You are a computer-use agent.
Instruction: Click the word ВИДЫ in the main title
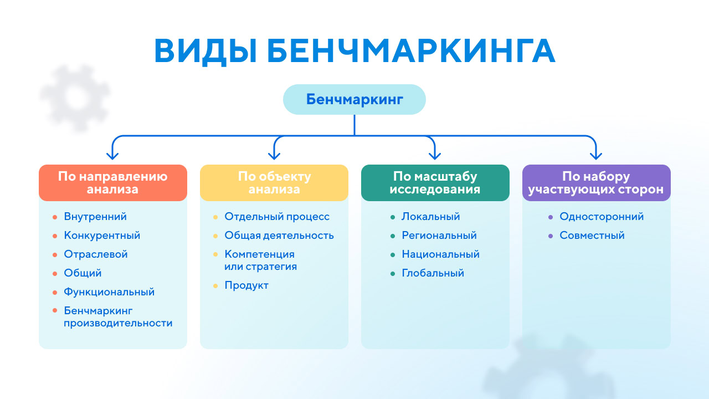[205, 52]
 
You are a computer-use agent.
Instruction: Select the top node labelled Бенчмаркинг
[354, 99]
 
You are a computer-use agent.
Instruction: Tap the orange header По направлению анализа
[112, 183]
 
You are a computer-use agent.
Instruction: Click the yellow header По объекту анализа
[274, 183]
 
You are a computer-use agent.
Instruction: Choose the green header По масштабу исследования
[435, 183]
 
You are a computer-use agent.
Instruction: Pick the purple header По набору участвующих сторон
[597, 183]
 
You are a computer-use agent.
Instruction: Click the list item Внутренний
[95, 217]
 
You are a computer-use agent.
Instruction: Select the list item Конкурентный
[102, 236]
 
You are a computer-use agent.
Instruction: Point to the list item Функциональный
[109, 292]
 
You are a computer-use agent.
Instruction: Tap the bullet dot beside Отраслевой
[55, 255]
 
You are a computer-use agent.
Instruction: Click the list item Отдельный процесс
[277, 217]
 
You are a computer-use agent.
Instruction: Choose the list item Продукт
[246, 285]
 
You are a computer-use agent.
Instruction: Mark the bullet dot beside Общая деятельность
[215, 236]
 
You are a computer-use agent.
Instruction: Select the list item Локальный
[431, 217]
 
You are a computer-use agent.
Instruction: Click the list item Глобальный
[433, 273]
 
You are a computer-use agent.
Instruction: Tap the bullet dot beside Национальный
[393, 255]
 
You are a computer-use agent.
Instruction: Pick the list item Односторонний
[602, 217]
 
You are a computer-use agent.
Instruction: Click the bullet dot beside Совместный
[551, 236]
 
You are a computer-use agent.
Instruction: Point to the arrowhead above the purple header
[596, 156]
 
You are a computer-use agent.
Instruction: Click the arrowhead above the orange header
[112, 156]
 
